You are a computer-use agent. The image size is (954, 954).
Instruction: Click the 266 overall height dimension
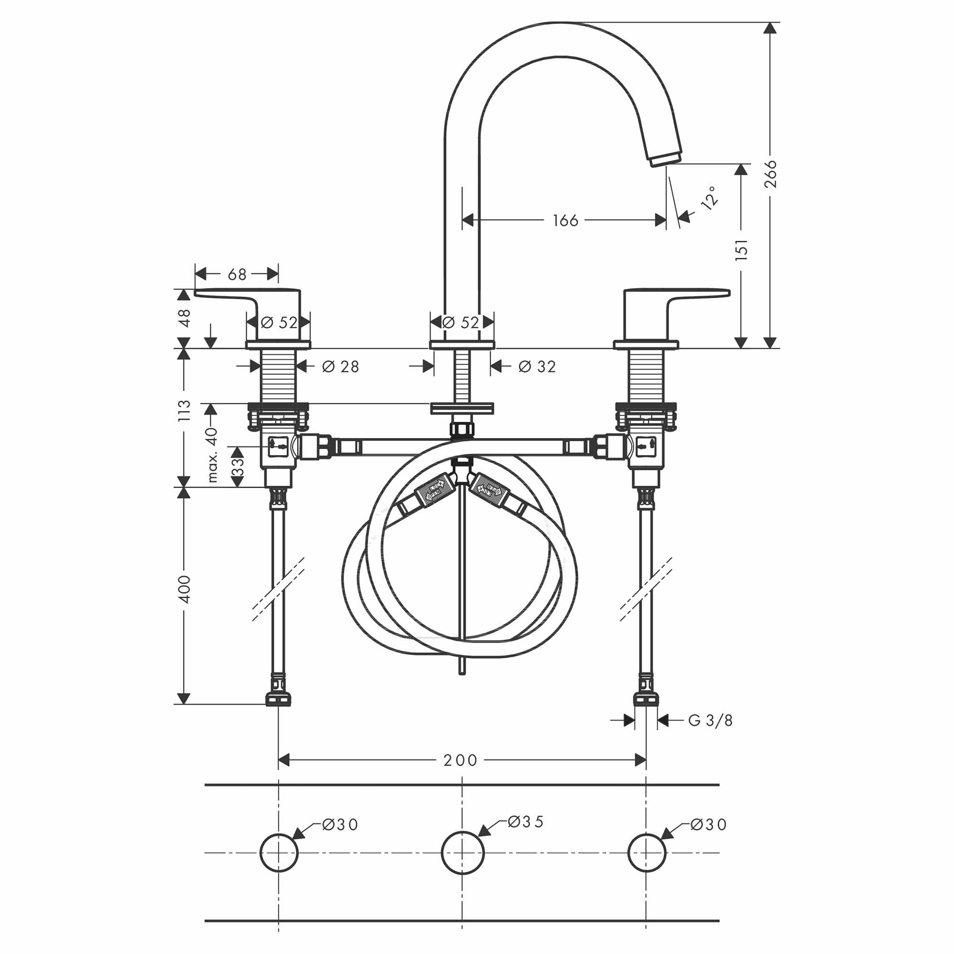click(770, 174)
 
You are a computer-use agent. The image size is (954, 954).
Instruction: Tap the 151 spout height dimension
click(741, 249)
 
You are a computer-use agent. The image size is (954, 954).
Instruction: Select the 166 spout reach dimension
click(565, 220)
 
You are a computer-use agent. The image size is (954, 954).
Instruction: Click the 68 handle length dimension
click(237, 274)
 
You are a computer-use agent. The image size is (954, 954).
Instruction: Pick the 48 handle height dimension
click(184, 318)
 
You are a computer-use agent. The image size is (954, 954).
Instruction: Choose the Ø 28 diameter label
click(340, 366)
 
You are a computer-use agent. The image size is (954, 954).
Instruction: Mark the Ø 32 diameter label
click(537, 366)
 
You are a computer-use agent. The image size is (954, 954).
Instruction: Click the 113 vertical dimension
click(184, 410)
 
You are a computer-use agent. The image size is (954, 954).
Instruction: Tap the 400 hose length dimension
click(184, 589)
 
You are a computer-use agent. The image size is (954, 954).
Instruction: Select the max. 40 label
click(212, 455)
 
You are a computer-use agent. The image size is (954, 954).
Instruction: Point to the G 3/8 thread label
click(710, 720)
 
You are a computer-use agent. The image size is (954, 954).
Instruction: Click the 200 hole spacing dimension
click(460, 760)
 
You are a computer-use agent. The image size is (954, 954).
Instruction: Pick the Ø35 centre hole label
click(525, 821)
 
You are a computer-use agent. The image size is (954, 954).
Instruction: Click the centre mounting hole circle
click(462, 853)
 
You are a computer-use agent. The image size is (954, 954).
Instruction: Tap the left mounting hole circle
click(279, 853)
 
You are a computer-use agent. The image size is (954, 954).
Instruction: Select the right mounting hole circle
click(646, 853)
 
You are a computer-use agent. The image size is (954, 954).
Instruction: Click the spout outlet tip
click(664, 159)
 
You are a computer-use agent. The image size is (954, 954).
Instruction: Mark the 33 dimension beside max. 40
click(238, 466)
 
